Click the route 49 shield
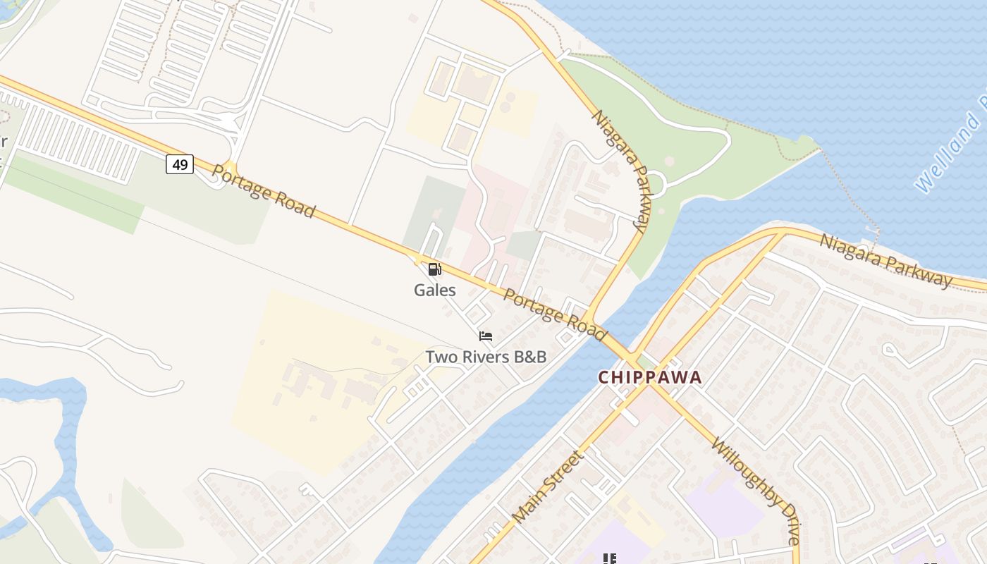(x=180, y=164)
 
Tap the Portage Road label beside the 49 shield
(x=263, y=191)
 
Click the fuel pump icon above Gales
(x=434, y=269)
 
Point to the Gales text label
(x=434, y=290)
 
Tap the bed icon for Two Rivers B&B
(x=486, y=336)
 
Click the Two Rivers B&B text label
(x=486, y=357)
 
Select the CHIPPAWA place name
(x=650, y=377)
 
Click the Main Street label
(x=548, y=486)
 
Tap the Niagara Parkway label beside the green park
(x=620, y=171)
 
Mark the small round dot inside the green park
(x=668, y=161)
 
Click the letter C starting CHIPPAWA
(x=603, y=377)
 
